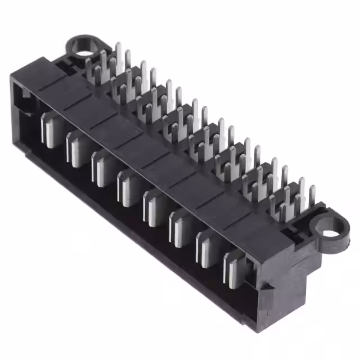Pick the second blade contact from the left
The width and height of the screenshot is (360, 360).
(75, 147)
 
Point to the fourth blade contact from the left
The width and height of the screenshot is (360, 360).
(127, 186)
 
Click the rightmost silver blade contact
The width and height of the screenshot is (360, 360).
(233, 268)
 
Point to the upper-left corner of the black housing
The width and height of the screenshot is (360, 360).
(12, 76)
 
